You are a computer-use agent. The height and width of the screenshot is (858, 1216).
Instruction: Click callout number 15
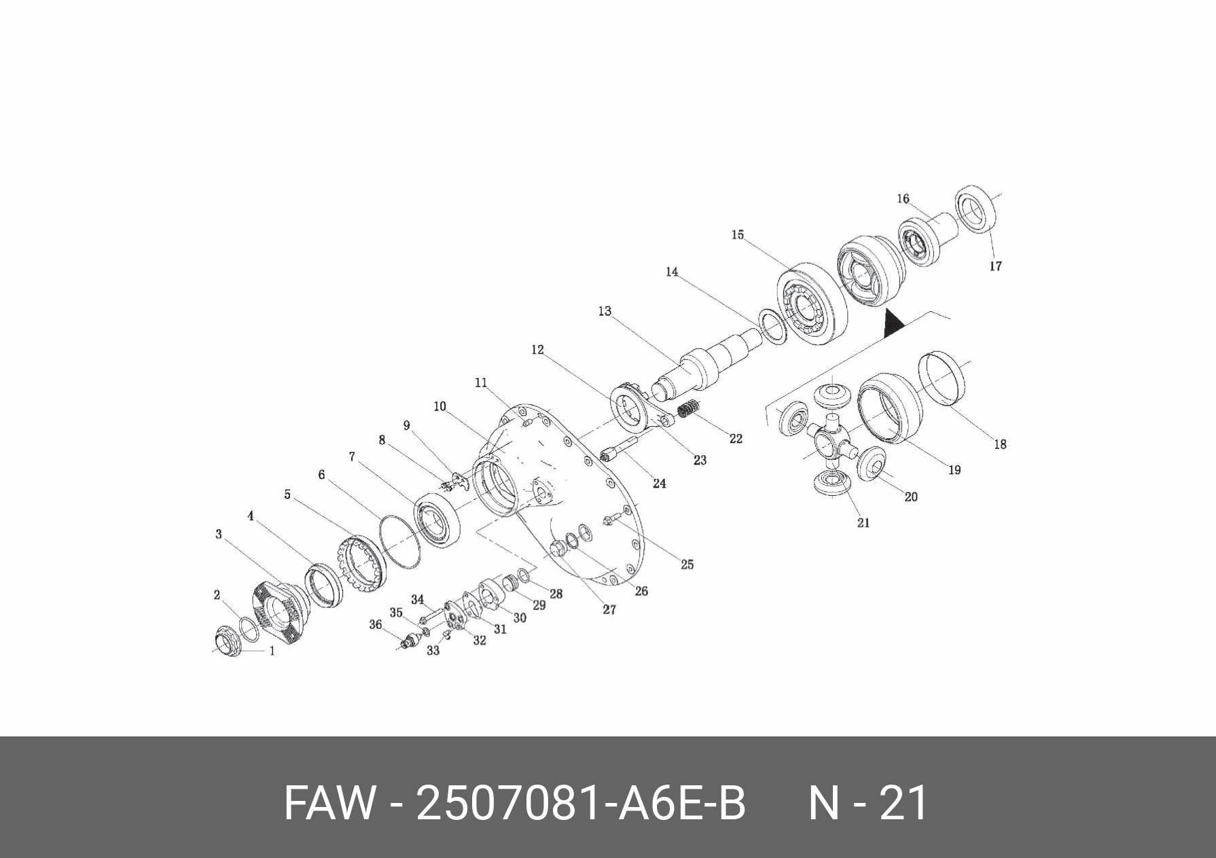[x=738, y=235]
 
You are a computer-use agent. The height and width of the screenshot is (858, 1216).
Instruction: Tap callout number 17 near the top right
[x=995, y=266]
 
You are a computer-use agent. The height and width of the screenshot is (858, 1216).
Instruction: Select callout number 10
[x=440, y=407]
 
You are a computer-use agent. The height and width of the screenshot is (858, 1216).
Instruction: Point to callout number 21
[x=863, y=522]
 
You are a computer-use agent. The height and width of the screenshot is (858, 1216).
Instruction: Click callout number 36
[x=375, y=624]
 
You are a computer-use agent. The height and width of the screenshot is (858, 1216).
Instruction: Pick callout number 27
[x=609, y=610]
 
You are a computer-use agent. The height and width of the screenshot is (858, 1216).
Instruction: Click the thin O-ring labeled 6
[x=399, y=541]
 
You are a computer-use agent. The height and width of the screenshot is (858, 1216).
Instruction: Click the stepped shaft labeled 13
[x=707, y=363]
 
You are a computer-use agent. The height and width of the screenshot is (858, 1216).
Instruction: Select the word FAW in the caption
[x=329, y=803]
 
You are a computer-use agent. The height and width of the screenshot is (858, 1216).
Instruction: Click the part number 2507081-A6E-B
[x=581, y=803]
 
